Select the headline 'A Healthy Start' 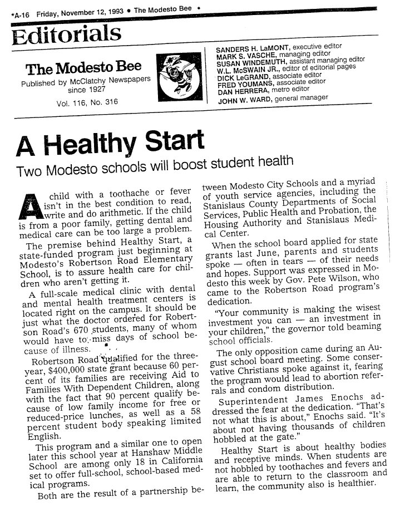pyautogui.click(x=110, y=144)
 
